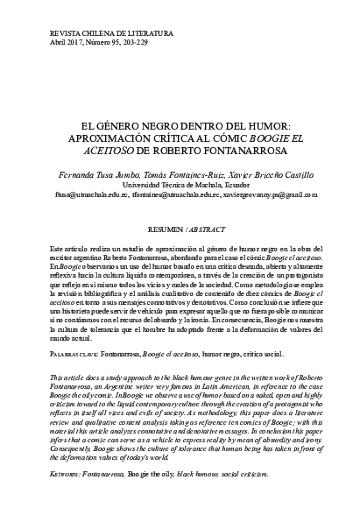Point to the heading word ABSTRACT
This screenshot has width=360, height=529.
(201, 226)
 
